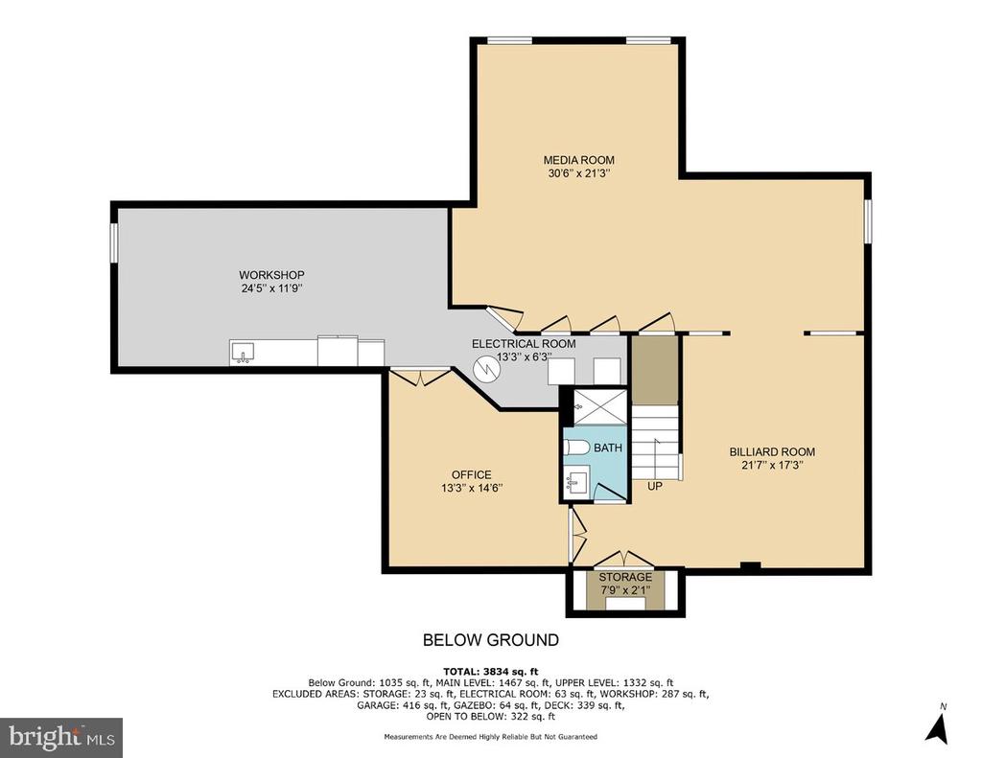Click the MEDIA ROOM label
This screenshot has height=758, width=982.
tap(578, 160)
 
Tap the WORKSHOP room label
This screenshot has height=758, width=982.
tap(271, 275)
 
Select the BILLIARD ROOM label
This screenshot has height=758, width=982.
tap(772, 452)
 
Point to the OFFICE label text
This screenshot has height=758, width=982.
tap(472, 475)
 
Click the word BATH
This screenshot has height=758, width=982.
tap(608, 448)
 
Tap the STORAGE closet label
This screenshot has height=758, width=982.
tap(625, 577)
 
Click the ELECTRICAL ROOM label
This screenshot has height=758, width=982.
tap(524, 344)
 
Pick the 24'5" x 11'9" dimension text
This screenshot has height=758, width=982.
tap(272, 288)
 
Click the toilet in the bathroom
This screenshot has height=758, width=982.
tap(576, 448)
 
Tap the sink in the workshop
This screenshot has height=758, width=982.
tap(243, 353)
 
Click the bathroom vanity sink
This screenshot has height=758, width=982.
tap(575, 483)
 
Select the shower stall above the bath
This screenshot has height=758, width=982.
tap(600, 407)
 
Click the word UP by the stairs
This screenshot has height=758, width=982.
tap(654, 486)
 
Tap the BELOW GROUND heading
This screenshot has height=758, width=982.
tap(491, 640)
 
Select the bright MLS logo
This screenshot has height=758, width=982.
tap(61, 738)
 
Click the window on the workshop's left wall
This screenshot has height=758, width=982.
tap(114, 242)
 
